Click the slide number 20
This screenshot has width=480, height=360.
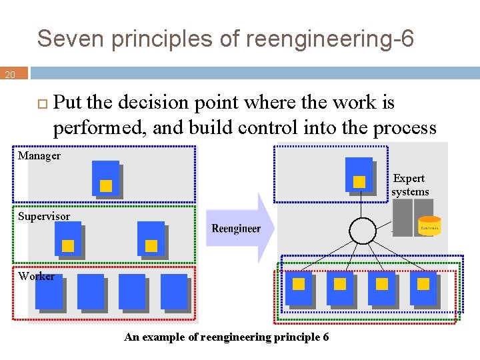coord(10,75)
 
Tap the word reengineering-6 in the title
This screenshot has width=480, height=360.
coord(329,39)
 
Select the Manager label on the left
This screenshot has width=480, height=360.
coord(39,156)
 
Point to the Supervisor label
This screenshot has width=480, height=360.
coord(44,217)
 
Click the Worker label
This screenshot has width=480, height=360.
coord(37,276)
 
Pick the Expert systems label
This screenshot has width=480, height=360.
coord(409,185)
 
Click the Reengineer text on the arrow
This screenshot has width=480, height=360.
coord(236,229)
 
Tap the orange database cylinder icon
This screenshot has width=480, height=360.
coord(429,226)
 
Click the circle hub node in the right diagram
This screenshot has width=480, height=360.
coord(363,231)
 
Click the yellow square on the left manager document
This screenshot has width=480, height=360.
coord(105,186)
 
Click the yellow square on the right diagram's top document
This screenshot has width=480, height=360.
coord(359,181)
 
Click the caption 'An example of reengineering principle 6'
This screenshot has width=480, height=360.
coord(226,337)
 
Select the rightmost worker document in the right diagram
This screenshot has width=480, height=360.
coord(423,288)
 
